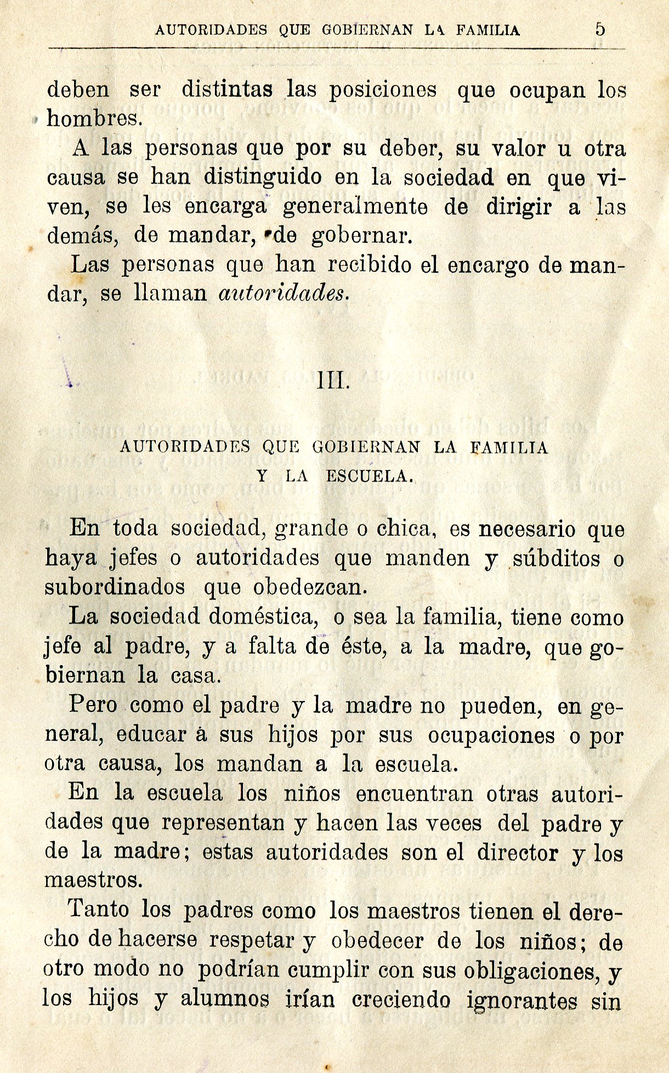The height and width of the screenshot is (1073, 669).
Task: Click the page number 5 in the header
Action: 600,29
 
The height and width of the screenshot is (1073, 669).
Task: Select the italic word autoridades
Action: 283,294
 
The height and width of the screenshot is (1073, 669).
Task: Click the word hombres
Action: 94,118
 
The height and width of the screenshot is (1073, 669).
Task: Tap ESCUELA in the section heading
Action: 368,476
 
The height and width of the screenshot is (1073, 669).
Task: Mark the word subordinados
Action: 115,587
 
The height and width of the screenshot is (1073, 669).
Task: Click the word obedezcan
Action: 308,587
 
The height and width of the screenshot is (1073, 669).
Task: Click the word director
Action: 517,852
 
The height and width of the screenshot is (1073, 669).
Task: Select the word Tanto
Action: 99,910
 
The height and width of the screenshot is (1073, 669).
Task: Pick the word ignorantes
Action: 521,1000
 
